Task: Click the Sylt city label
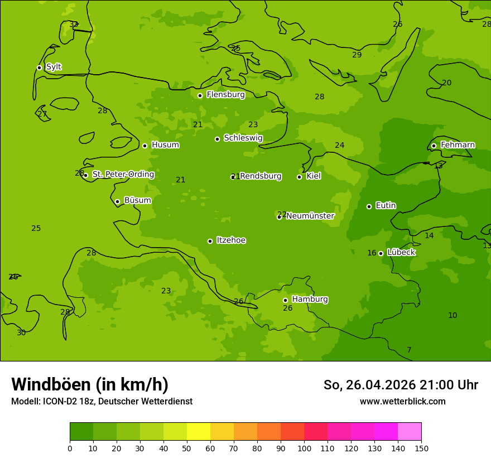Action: (54, 67)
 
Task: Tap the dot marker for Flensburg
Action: (200, 95)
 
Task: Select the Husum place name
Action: (165, 145)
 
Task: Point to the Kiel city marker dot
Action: (299, 177)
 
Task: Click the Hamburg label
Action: (310, 299)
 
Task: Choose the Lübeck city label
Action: (401, 252)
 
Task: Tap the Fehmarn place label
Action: (458, 145)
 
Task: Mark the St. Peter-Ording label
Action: (123, 174)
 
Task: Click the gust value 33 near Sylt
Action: (74, 24)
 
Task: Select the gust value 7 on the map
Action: (409, 350)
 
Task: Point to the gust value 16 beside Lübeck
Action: (372, 253)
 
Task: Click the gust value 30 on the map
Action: (21, 332)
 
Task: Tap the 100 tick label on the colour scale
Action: (304, 448)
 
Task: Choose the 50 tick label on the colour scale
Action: (187, 448)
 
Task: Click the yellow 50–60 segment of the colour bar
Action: (199, 432)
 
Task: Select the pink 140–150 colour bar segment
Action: (410, 432)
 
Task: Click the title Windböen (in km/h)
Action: (90, 384)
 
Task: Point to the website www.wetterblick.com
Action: (402, 401)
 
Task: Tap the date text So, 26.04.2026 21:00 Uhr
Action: (401, 385)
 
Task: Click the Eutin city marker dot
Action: (369, 206)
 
